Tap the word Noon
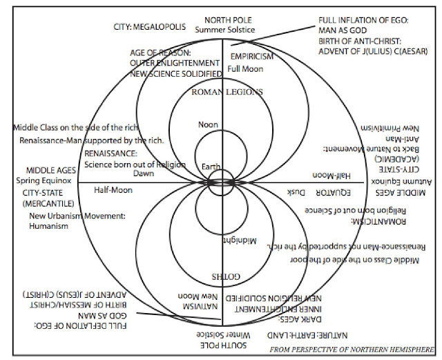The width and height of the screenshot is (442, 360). point(208,124)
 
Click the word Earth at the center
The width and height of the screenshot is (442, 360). point(212,167)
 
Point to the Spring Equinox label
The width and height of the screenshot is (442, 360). point(50,180)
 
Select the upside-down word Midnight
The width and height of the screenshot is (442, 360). point(240,240)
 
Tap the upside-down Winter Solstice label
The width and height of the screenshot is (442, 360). point(224,334)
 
